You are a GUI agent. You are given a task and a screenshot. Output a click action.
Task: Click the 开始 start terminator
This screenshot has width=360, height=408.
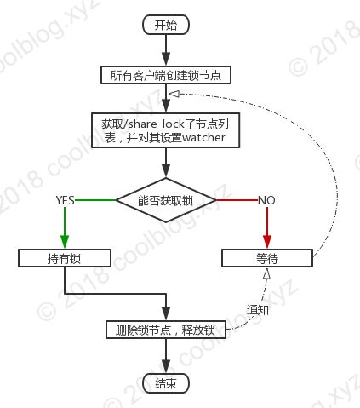[166, 25]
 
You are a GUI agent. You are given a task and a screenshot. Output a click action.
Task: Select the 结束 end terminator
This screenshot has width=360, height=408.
[166, 384]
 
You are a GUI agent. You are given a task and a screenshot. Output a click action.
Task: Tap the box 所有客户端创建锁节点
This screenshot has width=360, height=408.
[166, 75]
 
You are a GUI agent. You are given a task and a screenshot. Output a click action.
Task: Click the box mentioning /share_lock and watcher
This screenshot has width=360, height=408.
[166, 130]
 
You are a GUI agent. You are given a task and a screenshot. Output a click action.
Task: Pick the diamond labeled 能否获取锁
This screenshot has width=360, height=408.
[166, 200]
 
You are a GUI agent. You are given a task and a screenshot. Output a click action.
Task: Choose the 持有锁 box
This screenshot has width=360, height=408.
[65, 258]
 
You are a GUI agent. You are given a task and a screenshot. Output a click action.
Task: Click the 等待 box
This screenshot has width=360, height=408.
[267, 258]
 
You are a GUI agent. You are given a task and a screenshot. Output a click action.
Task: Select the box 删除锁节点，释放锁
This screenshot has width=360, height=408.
[166, 330]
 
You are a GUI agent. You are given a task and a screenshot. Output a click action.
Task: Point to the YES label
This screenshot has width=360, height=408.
[65, 200]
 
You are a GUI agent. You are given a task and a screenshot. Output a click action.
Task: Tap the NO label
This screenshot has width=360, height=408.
[266, 200]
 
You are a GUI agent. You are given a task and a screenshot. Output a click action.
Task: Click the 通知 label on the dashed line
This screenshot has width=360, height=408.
[258, 310]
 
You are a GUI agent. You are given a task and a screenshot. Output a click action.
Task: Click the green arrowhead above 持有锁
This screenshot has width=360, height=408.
[65, 242]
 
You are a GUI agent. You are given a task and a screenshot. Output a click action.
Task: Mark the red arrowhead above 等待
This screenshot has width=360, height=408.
[267, 242]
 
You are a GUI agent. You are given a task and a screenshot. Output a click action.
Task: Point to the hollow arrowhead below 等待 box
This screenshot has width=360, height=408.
[266, 274]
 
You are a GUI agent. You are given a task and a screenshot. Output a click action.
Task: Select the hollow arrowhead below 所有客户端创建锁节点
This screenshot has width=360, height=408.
[174, 94]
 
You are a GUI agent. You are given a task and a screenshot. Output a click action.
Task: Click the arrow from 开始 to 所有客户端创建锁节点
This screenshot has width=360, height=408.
[166, 50]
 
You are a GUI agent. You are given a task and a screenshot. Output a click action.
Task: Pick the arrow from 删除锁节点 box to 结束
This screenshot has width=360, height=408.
[166, 356]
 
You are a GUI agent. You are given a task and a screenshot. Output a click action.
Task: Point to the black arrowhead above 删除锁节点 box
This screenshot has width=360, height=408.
[166, 313]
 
